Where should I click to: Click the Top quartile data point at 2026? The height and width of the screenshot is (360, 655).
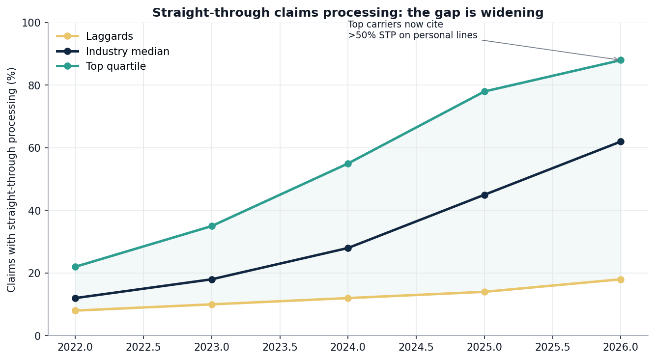[x=621, y=60]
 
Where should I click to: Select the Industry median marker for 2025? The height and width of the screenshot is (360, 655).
[x=484, y=195]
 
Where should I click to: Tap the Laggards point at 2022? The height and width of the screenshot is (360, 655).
[x=75, y=310]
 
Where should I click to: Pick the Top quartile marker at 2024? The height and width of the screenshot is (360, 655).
[x=348, y=164]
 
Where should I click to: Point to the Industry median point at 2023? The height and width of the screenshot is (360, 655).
[x=212, y=279]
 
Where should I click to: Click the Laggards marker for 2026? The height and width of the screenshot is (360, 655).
[x=621, y=279]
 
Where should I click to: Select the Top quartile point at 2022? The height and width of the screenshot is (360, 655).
[x=75, y=267]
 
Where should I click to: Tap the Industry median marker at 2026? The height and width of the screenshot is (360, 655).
[x=621, y=141]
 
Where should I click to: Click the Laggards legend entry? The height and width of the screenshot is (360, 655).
[x=109, y=36]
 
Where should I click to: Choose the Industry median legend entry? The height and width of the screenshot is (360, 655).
[x=127, y=52]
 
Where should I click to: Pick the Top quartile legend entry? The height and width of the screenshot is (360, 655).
[x=115, y=66]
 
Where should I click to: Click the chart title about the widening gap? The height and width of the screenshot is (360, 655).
[x=348, y=13]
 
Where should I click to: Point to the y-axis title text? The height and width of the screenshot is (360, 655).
[x=12, y=179]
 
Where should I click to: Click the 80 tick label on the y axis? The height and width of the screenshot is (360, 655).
[x=35, y=85]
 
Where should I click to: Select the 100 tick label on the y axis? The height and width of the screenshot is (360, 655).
[x=32, y=23]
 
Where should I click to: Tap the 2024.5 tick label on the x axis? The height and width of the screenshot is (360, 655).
[x=416, y=347]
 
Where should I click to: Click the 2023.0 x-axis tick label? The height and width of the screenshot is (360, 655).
[x=212, y=347]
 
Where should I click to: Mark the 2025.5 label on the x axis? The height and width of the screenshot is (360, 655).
[x=552, y=347]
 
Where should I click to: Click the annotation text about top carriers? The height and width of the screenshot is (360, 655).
[x=412, y=30]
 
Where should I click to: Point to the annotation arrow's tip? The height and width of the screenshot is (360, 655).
[x=618, y=60]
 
